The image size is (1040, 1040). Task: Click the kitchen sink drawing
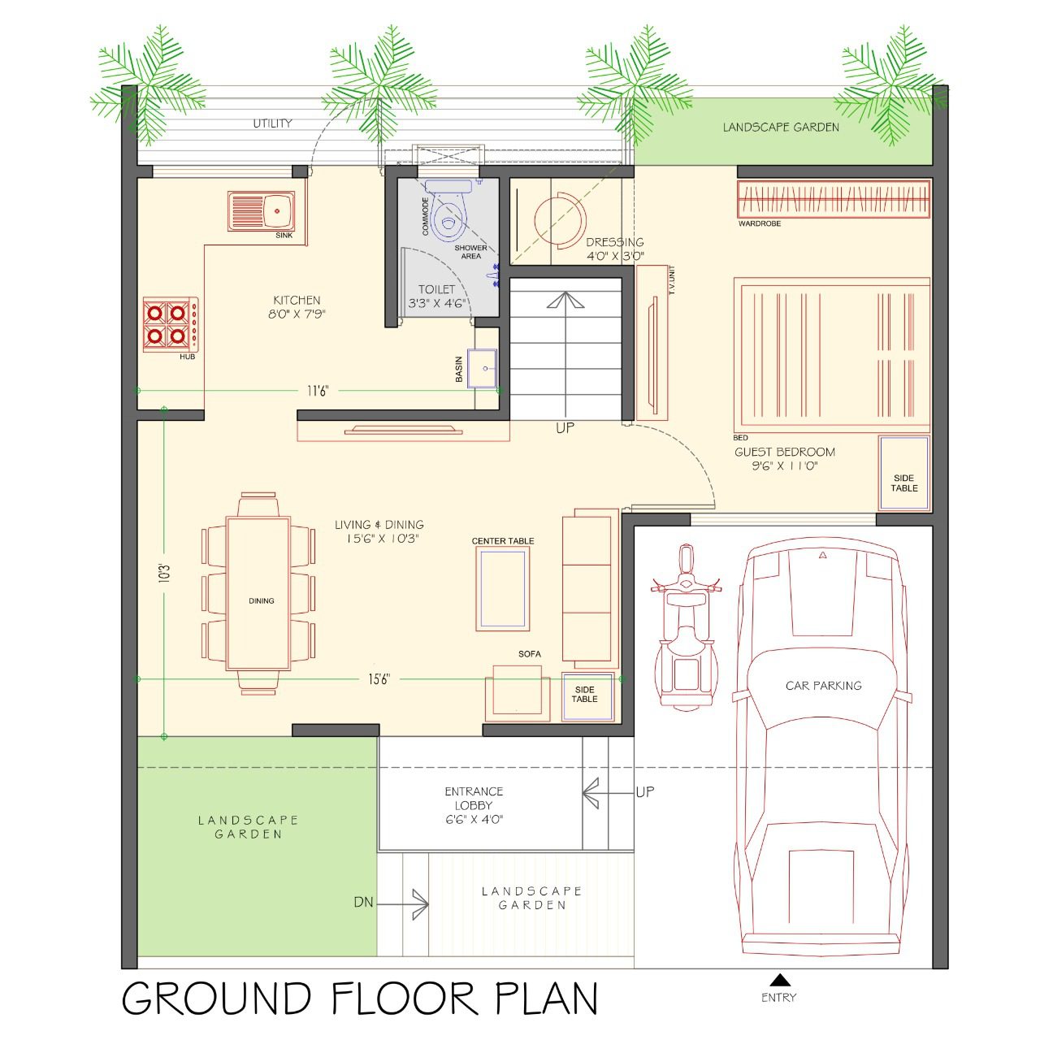[x=261, y=211]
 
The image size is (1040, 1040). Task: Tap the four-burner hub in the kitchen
[x=171, y=324]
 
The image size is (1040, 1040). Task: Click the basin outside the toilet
[x=482, y=369]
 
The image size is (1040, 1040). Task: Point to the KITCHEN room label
[x=297, y=300]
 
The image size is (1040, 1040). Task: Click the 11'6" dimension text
[x=318, y=391]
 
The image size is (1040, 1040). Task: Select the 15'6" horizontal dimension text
[x=379, y=679]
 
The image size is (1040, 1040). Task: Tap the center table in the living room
[x=502, y=589]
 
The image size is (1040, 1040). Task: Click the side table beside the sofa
[x=587, y=696]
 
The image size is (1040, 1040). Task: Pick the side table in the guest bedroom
[x=904, y=474]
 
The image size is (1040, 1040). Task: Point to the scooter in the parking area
[x=686, y=626]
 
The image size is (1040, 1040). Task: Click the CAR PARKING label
[x=823, y=686]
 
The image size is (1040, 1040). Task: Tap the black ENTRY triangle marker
[x=778, y=979]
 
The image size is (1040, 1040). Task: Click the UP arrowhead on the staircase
[x=565, y=300]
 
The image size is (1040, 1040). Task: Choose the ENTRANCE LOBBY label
[x=474, y=798]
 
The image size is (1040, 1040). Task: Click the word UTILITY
[x=272, y=123]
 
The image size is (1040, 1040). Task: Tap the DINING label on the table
[x=261, y=600]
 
